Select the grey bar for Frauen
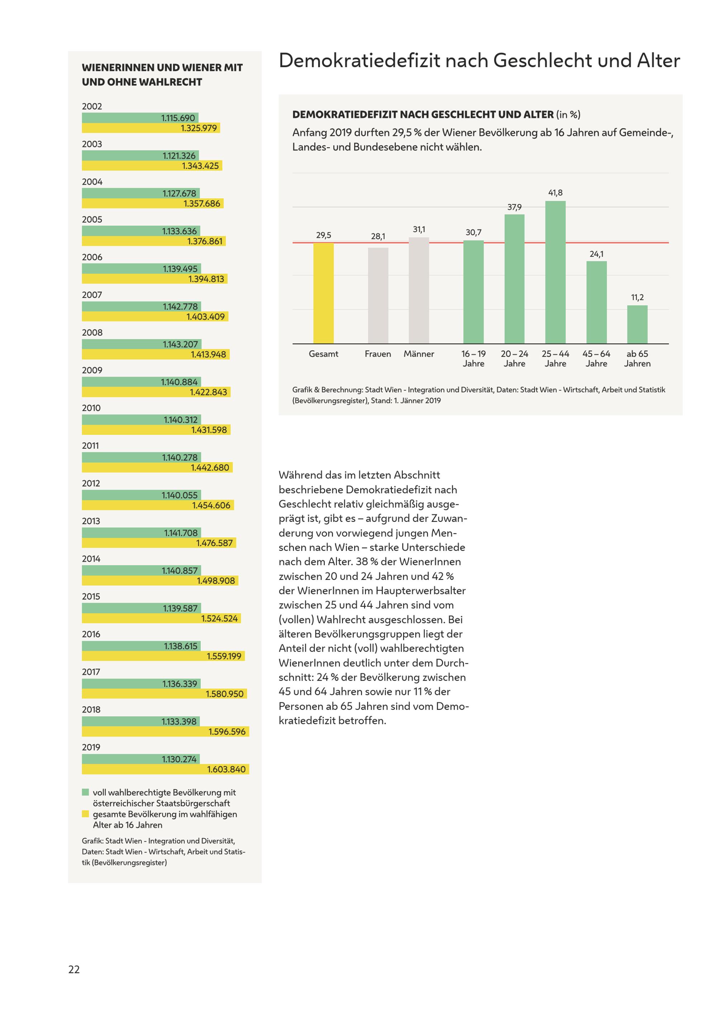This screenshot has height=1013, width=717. (x=378, y=296)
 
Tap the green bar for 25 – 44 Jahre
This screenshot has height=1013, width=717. (x=555, y=272)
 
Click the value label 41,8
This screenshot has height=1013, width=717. (x=555, y=193)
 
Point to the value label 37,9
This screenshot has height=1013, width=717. (x=514, y=207)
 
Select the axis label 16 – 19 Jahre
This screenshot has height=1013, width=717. (x=473, y=359)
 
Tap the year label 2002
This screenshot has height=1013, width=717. (x=92, y=106)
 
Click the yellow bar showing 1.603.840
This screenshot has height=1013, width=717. (x=166, y=769)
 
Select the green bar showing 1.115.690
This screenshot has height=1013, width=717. (x=140, y=118)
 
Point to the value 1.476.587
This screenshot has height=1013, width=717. (x=215, y=543)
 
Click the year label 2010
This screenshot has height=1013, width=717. (x=91, y=408)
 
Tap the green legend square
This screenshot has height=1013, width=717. (x=86, y=792)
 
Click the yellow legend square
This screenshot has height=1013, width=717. (x=86, y=814)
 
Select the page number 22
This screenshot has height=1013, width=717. (x=74, y=969)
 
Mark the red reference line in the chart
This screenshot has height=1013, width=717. (x=480, y=243)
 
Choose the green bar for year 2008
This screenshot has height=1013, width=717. (x=141, y=344)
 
